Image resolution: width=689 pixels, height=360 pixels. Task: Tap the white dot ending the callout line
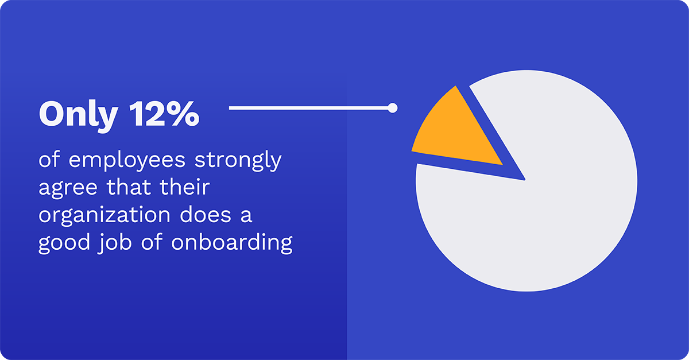coord(393,108)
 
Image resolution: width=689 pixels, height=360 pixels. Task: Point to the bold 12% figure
coord(164,114)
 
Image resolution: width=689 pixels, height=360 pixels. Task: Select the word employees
coord(127,161)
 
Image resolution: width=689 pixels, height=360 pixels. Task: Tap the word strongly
coord(238,160)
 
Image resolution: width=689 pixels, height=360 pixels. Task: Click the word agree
coord(68,188)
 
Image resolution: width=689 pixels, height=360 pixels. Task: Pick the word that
coord(129,187)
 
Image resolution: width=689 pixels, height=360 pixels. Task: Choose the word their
coord(185,187)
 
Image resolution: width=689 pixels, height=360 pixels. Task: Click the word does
coord(206,214)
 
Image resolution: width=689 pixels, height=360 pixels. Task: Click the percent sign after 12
coord(185,114)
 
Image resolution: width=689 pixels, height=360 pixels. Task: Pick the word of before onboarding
coord(152,242)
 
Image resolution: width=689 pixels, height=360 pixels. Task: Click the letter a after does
coord(246,216)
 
